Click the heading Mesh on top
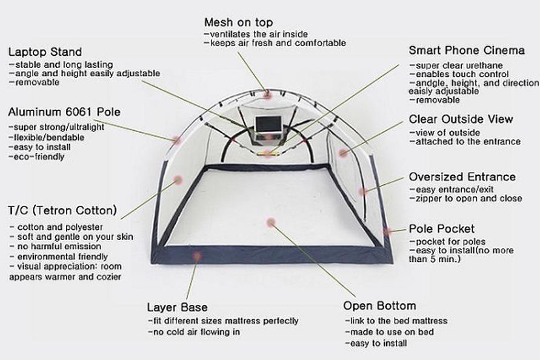point(238,23)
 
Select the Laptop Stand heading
point(45,52)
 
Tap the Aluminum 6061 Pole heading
point(64,112)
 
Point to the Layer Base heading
point(178,307)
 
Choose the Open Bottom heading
point(379,305)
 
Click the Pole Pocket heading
point(442,229)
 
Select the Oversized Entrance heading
point(462,177)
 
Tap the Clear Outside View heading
point(461,119)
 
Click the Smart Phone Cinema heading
point(464,50)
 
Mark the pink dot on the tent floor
point(271,222)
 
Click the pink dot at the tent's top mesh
point(267,94)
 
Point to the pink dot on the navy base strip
point(196,256)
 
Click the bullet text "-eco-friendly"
point(36,157)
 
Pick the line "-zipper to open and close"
point(465,199)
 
